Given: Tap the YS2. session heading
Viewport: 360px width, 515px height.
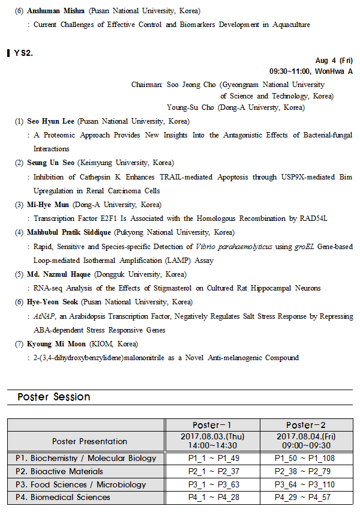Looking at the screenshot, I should tap(23, 53).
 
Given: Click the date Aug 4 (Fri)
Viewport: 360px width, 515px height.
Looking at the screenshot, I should tap(334, 61).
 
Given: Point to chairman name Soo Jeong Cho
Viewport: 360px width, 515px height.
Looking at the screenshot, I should tap(191, 85).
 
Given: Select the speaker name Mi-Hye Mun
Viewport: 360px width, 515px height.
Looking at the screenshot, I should tap(49, 205).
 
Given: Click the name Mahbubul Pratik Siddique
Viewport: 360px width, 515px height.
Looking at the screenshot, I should tap(71, 232).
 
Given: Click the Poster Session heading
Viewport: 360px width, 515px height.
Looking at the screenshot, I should tap(54, 397).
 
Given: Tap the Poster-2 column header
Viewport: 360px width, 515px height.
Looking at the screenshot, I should tap(306, 425).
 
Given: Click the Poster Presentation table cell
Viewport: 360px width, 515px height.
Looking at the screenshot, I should tap(89, 441).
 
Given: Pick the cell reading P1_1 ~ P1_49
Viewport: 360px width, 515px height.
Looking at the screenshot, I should tap(213, 458).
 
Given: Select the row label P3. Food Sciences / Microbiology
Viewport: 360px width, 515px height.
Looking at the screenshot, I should tap(81, 484).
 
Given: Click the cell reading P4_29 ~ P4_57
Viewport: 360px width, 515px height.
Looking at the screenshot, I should tap(306, 497).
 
